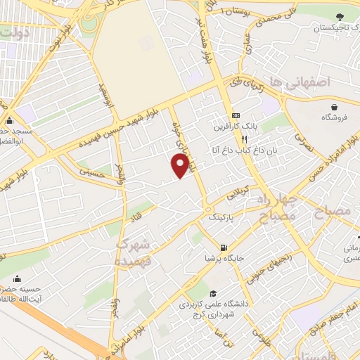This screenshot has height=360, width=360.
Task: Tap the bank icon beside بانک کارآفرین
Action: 236,116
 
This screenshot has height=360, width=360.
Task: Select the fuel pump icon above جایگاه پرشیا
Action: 224,247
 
